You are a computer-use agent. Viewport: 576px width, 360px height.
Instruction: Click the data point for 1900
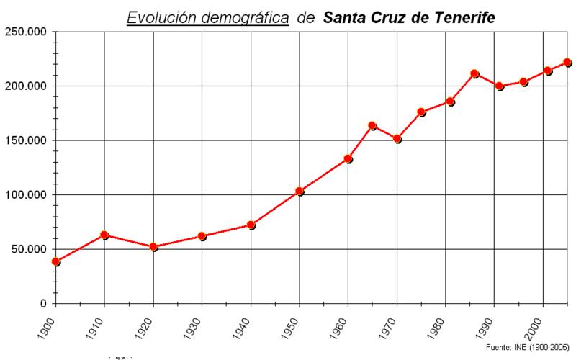click(x=55, y=261)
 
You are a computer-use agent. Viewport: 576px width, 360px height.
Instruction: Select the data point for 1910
click(x=104, y=235)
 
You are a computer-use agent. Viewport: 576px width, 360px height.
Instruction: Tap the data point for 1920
click(x=153, y=246)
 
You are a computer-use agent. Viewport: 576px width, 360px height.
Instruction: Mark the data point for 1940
click(x=251, y=225)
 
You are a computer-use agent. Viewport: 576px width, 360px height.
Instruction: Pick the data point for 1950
click(x=300, y=191)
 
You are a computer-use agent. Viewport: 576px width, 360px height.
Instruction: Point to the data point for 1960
click(x=348, y=158)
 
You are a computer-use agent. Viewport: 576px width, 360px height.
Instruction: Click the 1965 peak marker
click(x=372, y=125)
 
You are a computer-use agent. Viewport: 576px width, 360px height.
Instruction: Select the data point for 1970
click(x=397, y=138)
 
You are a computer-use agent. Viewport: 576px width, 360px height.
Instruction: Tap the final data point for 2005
click(x=567, y=62)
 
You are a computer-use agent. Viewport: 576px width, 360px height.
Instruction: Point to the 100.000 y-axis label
click(x=26, y=195)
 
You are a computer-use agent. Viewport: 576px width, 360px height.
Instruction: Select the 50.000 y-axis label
click(x=29, y=249)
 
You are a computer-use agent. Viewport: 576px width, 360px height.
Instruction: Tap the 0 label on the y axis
click(x=44, y=304)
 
